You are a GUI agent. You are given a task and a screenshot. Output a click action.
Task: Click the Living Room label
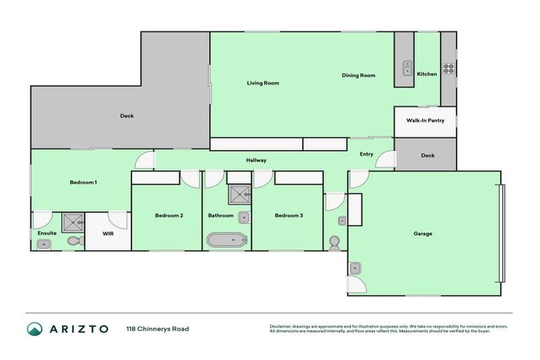[262, 83]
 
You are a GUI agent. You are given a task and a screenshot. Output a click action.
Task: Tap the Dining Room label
[358, 75]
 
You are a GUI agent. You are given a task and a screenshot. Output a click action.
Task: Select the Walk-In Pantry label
[425, 120]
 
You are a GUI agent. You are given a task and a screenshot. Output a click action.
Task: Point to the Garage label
[423, 233]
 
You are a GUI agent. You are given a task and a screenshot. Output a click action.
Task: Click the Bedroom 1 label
[83, 182]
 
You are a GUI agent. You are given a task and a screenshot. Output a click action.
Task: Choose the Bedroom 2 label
[169, 215]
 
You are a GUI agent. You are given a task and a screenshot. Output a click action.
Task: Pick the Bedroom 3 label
[288, 215]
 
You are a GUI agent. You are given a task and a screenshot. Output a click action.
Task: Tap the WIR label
[108, 233]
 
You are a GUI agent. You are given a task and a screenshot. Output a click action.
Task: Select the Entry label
[366, 154]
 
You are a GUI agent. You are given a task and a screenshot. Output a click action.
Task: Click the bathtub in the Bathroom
[227, 240]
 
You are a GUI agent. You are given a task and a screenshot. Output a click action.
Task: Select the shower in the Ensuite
[72, 222]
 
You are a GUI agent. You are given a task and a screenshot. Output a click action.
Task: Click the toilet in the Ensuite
[75, 241]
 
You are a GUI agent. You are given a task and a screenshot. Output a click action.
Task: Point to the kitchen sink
[407, 68]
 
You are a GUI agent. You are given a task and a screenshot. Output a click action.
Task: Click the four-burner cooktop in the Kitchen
[449, 69]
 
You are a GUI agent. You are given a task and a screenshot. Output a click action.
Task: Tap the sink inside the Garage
[355, 267]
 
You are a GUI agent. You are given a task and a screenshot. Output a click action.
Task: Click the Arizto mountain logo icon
[34, 328]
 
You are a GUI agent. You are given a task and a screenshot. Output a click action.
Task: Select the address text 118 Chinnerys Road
[157, 328]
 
